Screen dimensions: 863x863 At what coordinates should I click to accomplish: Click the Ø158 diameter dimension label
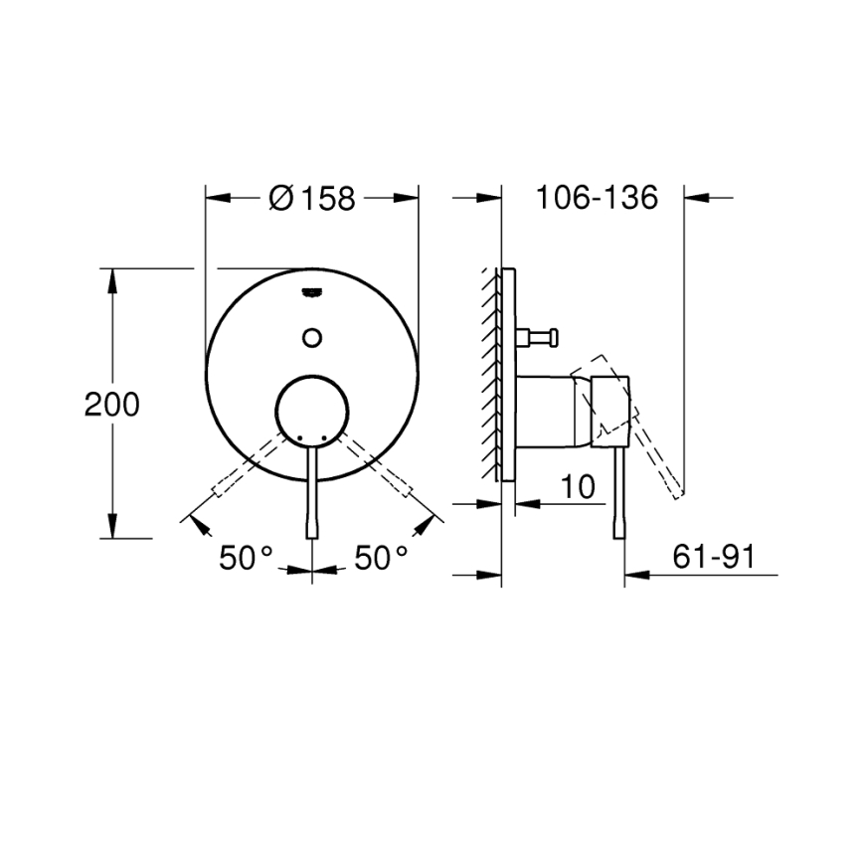[x=312, y=199]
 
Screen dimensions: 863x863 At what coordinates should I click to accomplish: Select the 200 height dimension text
[x=111, y=405]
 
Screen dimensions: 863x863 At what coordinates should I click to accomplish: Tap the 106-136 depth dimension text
[x=597, y=198]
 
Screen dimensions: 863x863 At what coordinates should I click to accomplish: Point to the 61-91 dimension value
[x=712, y=558]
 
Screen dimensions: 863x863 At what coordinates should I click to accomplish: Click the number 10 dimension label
[x=577, y=486]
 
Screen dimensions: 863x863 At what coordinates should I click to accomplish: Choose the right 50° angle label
[x=382, y=558]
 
